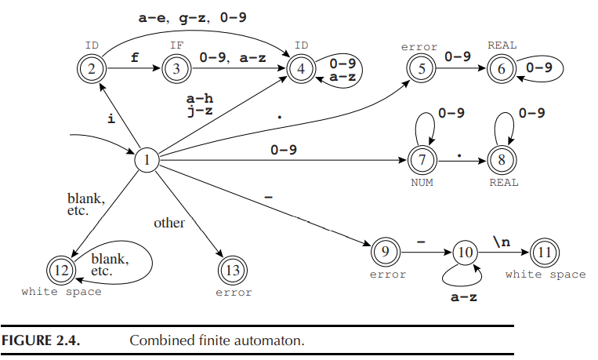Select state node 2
tap(92, 69)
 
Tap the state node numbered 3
tap(177, 69)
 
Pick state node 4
tap(303, 69)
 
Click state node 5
tap(420, 69)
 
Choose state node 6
tap(502, 69)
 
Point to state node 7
tap(420, 161)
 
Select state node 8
tap(502, 161)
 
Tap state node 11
tap(545, 253)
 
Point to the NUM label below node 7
tap(420, 183)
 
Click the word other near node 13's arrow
tap(169, 223)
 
